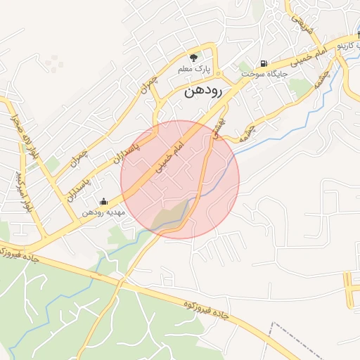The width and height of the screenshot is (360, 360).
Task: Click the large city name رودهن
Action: point(204,91)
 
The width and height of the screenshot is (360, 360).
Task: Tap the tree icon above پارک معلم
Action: point(194,57)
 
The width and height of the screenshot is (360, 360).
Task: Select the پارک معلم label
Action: point(194,69)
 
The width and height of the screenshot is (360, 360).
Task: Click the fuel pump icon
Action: point(264,62)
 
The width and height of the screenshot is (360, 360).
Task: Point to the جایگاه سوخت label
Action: point(264,73)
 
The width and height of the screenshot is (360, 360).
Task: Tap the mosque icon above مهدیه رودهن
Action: point(104,202)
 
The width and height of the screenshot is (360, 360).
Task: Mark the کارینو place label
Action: point(351,46)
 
